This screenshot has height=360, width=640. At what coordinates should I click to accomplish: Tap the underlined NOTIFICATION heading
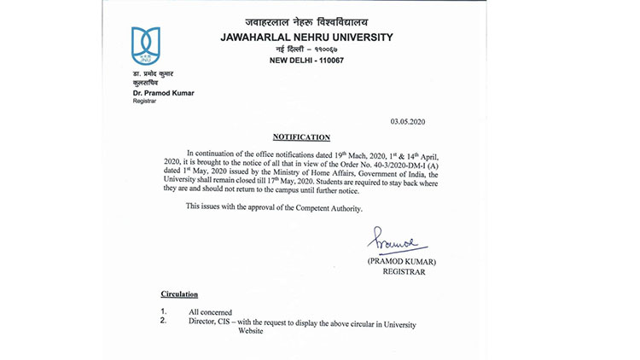pos(301,136)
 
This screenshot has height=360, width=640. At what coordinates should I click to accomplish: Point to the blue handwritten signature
pos(392,240)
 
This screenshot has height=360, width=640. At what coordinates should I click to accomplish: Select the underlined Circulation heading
pos(180,293)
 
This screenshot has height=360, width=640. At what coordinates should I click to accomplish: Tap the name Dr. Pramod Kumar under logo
pos(163,91)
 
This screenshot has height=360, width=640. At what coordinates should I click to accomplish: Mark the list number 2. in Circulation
pos(164,321)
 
